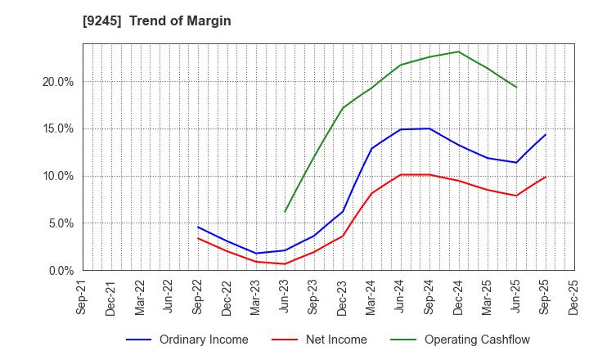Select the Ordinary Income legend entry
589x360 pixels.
point(205,340)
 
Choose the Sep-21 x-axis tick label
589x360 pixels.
point(83,295)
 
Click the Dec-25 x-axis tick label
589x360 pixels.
point(574,295)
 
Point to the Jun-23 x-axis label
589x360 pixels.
point(285,295)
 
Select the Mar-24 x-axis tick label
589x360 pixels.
point(371,295)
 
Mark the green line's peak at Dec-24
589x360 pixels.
point(458,52)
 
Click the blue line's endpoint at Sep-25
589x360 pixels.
point(546,134)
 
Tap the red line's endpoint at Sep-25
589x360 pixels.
point(546,177)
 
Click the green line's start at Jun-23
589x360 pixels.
point(285,212)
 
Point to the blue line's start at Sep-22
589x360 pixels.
point(198,227)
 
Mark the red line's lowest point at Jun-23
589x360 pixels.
point(285,263)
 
